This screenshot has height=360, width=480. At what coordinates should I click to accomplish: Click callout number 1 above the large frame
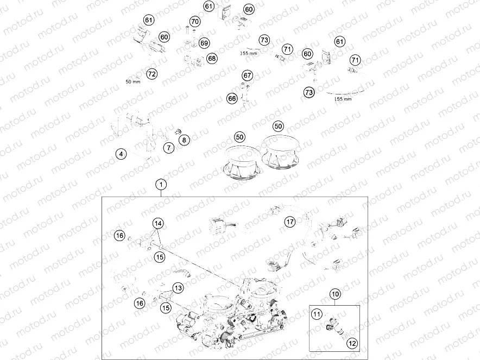point(161,185)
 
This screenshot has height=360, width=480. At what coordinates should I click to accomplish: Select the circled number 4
point(122,154)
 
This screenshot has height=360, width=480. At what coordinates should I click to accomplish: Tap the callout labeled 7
point(169,147)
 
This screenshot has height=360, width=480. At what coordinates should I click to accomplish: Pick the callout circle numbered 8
point(184,140)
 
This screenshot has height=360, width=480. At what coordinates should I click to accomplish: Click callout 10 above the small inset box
point(335,294)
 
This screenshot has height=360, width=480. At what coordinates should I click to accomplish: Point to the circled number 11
point(317,313)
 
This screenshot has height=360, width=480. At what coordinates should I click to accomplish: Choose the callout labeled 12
point(352,343)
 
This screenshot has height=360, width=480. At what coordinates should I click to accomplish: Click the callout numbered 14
point(158,223)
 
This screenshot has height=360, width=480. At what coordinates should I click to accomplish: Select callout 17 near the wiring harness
point(290,222)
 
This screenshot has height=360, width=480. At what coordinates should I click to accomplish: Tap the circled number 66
point(232,98)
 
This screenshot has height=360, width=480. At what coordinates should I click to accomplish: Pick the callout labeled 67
point(248,75)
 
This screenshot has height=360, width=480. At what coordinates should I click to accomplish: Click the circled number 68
point(212,58)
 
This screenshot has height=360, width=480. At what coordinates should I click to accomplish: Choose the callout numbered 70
point(195,22)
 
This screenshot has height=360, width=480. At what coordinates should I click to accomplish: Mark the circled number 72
point(151,73)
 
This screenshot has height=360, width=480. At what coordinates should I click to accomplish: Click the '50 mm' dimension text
point(132,81)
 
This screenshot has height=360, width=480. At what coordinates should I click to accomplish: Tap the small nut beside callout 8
point(177,131)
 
